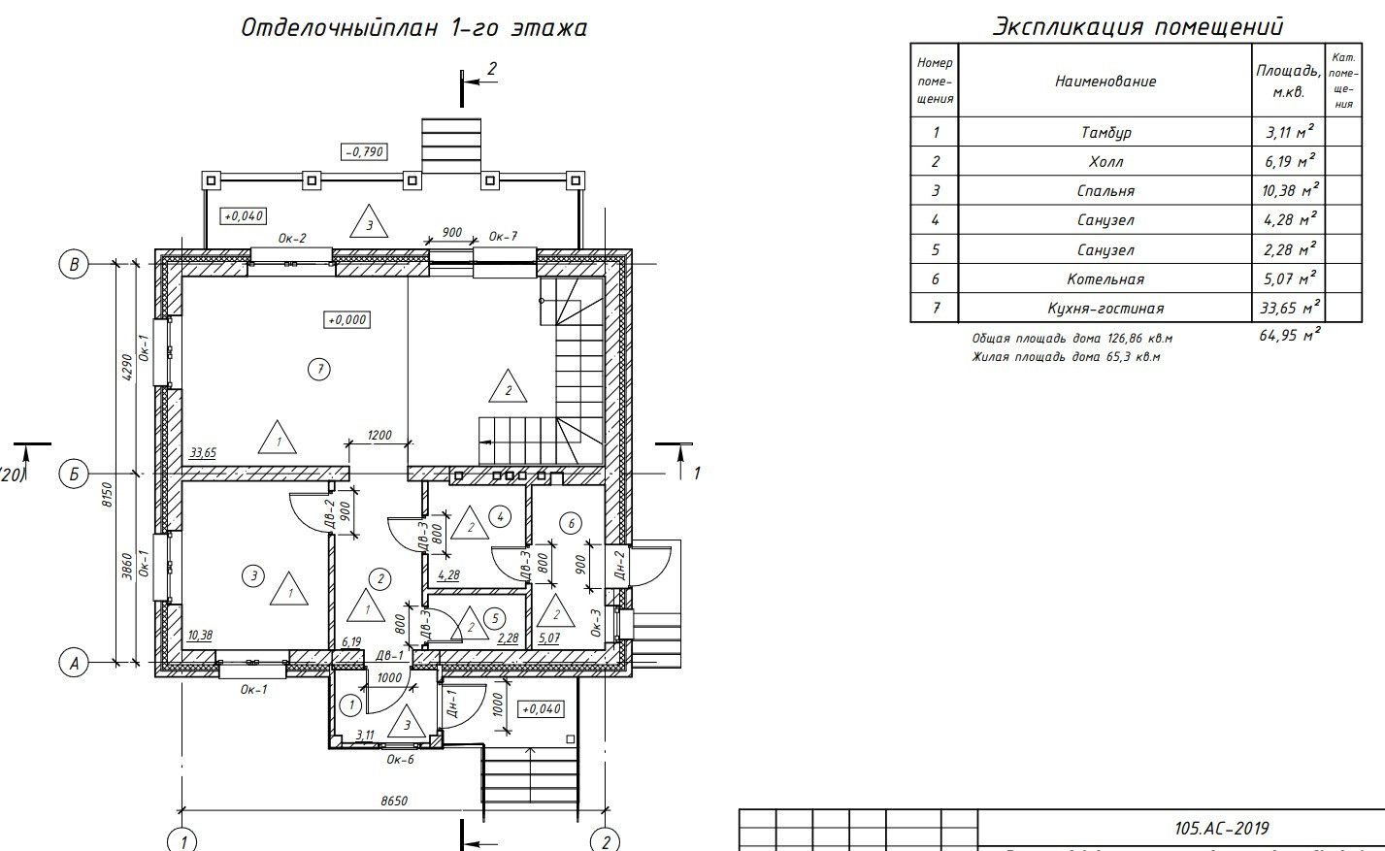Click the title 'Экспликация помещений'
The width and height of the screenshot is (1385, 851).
point(1137,26)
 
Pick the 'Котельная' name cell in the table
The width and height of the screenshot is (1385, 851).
point(1105,279)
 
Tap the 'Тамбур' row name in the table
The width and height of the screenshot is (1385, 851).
point(1105,132)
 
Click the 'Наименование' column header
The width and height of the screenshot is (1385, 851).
point(1105,82)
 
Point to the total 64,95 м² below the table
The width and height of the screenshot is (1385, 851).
point(1290,336)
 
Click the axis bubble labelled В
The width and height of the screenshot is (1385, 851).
point(73,264)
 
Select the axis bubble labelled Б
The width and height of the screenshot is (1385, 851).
point(73,474)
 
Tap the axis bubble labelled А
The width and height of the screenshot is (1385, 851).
point(73,663)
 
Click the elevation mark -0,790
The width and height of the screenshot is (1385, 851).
point(364,151)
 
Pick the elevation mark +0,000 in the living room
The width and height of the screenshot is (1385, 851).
point(347,319)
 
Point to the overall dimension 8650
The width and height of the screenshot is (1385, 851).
point(393,802)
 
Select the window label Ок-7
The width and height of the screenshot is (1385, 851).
point(503,236)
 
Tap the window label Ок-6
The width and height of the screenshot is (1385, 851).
point(400,760)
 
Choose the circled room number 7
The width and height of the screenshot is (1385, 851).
point(317,368)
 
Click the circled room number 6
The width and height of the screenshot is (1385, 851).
point(571,524)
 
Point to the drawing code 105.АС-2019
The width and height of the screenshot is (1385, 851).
point(1221,828)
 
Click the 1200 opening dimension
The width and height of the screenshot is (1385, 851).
point(379,435)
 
